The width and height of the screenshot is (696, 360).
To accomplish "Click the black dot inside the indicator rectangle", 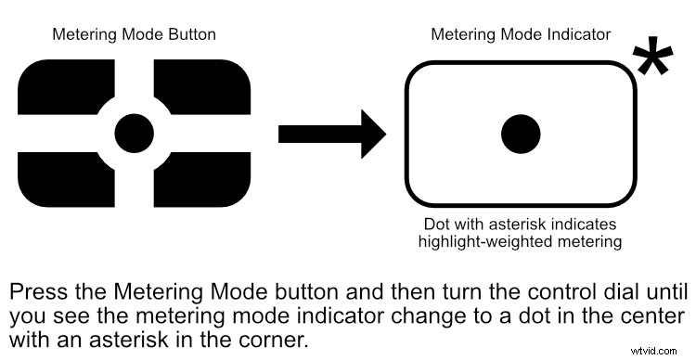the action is (521, 135).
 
